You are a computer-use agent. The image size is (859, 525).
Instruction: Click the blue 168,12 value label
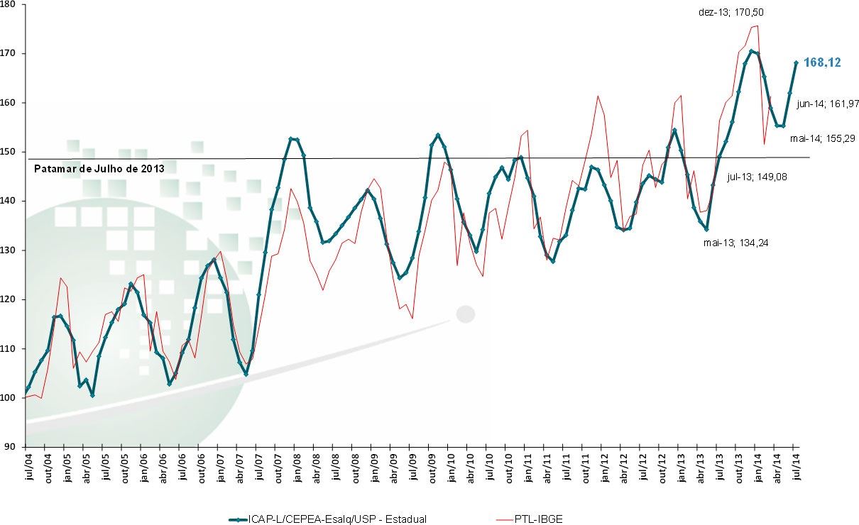click(822, 63)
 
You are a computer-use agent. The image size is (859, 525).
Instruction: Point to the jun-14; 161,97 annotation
click(828, 104)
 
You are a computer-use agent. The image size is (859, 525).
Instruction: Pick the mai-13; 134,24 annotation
click(736, 243)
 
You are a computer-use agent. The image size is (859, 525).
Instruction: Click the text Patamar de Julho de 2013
click(99, 169)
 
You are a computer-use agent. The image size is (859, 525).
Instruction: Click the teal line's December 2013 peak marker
click(751, 51)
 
